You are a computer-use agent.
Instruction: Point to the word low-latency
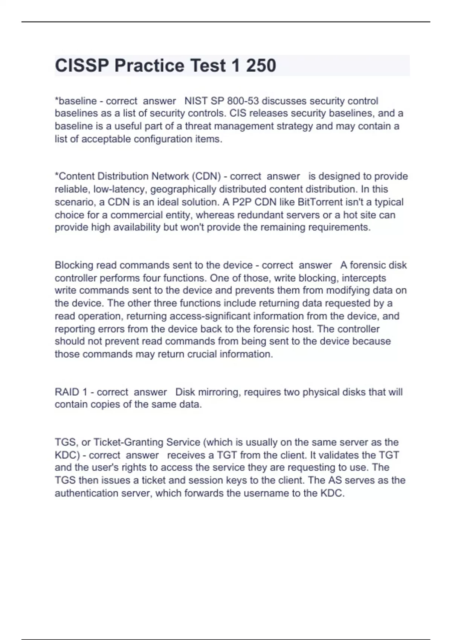[x=120, y=189]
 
